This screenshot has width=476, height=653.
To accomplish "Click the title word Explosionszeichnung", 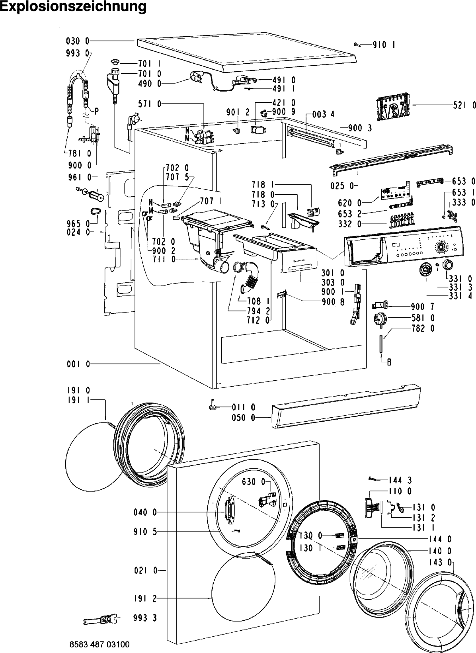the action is pyautogui.click(x=73, y=7).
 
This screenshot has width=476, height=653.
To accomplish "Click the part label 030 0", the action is pyautogui.click(x=78, y=41).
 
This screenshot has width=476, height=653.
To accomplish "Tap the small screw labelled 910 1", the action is pyautogui.click(x=357, y=44).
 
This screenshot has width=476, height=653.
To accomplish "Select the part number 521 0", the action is pyautogui.click(x=464, y=105).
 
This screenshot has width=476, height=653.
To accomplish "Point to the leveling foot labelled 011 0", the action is pyautogui.click(x=212, y=405).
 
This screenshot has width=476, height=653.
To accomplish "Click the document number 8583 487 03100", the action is pyautogui.click(x=99, y=644).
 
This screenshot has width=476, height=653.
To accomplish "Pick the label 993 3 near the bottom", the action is pyautogui.click(x=145, y=618).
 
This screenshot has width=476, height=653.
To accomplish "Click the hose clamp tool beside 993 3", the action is pyautogui.click(x=101, y=619).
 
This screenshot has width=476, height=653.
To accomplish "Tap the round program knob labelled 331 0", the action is pyautogui.click(x=447, y=265).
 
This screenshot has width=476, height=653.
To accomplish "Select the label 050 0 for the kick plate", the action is pyautogui.click(x=244, y=418).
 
